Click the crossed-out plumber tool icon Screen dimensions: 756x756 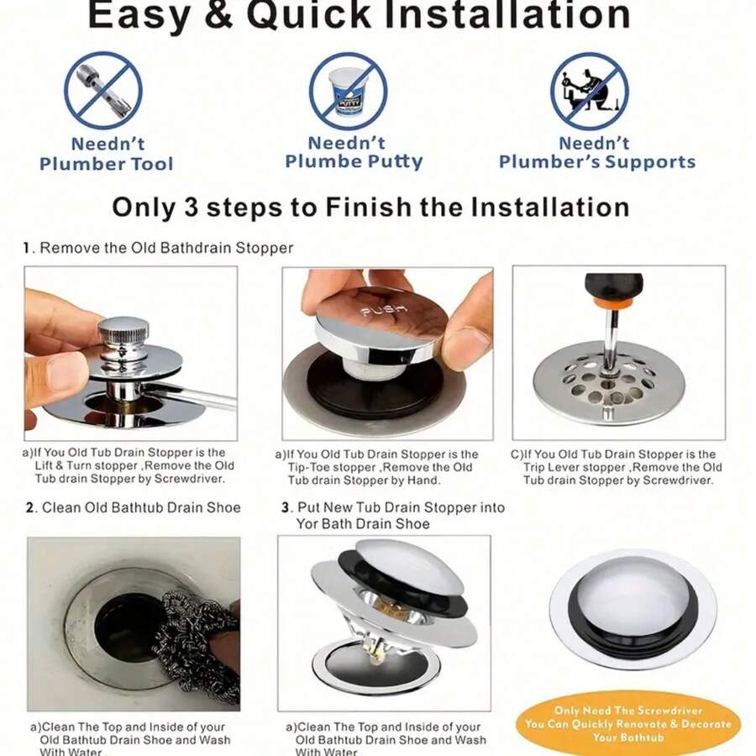pyautogui.click(x=103, y=90)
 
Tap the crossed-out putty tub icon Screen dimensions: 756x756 pyautogui.click(x=348, y=90)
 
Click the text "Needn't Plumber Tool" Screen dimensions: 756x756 pyautogui.click(x=107, y=154)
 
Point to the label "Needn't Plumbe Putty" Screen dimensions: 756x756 pyautogui.click(x=354, y=152)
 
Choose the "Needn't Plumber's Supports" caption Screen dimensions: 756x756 pyautogui.click(x=596, y=152)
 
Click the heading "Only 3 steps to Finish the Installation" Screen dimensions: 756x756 pyautogui.click(x=370, y=207)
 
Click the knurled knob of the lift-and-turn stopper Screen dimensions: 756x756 pyautogui.click(x=123, y=333)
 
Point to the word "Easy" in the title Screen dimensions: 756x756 pyautogui.click(x=139, y=14)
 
